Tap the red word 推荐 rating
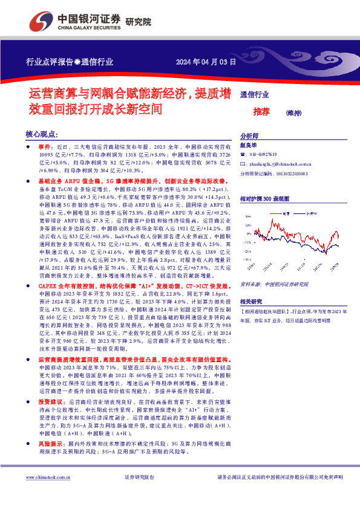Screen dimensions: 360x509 [x=261, y=111]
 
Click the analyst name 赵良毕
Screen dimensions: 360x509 [x=249, y=146]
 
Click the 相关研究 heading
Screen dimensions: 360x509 [x=252, y=300]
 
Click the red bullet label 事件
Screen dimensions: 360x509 [x=46, y=147]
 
